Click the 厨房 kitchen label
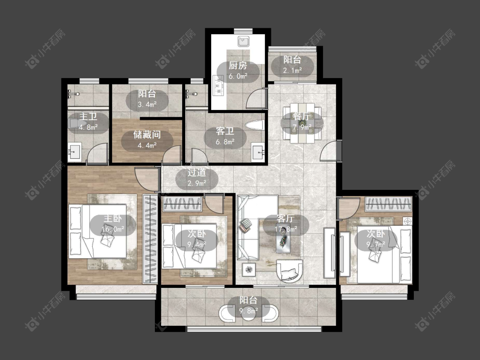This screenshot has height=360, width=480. [x=238, y=66]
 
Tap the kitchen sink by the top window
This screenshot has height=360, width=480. [x=244, y=41]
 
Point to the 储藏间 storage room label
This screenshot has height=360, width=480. [x=147, y=135]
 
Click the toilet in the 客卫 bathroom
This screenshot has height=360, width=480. [x=254, y=125]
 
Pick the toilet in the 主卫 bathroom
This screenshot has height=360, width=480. [x=73, y=124]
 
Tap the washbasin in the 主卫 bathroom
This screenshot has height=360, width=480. [x=74, y=152]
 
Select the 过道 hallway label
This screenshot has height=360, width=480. [x=197, y=173]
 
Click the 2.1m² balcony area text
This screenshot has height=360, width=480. [x=292, y=70]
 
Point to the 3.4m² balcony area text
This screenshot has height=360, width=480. [x=147, y=105]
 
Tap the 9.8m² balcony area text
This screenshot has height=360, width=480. [x=248, y=311]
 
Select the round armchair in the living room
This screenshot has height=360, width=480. [x=290, y=270]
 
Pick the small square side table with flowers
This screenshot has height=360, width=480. [x=249, y=270]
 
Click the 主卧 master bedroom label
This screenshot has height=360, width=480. [x=113, y=218]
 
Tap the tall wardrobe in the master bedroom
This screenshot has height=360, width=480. [x=150, y=239]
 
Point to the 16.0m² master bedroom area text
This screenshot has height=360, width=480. [x=113, y=229]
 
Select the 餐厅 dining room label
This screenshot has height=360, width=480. [x=302, y=116]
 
